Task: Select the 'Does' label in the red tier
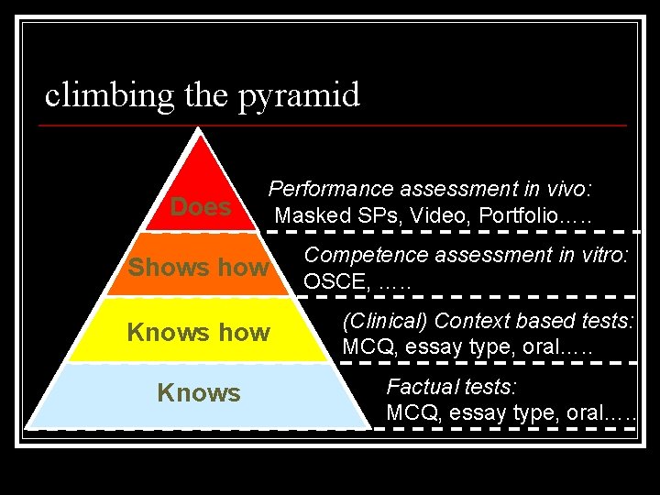pyautogui.click(x=201, y=207)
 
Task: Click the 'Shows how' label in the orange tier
pyautogui.click(x=198, y=268)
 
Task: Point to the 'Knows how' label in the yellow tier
pyautogui.click(x=198, y=332)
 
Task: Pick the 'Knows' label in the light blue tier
pyautogui.click(x=198, y=393)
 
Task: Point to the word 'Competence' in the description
pyautogui.click(x=354, y=256)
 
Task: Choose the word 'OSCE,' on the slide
pyautogui.click(x=335, y=282)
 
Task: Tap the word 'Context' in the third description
pyautogui.click(x=470, y=321)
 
